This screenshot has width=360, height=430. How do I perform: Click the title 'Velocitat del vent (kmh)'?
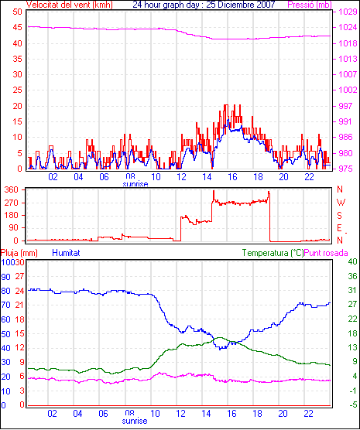pyautogui.click(x=69, y=5)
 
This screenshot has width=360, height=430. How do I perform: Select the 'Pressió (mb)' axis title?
pyautogui.click(x=310, y=5)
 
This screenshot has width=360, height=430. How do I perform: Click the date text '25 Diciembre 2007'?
pyautogui.click(x=241, y=5)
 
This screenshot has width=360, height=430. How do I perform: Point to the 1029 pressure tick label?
pyautogui.click(x=348, y=12)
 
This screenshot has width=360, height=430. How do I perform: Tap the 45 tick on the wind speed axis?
pyautogui.click(x=17, y=27)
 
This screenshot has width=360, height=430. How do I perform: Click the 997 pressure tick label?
pyautogui.click(x=345, y=106)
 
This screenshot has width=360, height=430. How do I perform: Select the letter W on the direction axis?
pyautogui.click(x=341, y=203)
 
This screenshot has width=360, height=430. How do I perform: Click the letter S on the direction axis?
pyautogui.click(x=339, y=216)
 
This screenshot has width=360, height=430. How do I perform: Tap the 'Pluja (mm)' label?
pyautogui.click(x=19, y=253)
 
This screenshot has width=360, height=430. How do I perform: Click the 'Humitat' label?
pyautogui.click(x=66, y=253)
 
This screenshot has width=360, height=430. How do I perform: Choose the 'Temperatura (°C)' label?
pyautogui.click(x=273, y=253)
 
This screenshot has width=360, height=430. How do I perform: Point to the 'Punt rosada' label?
pyautogui.click(x=326, y=253)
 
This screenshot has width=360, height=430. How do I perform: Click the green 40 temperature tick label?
pyautogui.click(x=352, y=261)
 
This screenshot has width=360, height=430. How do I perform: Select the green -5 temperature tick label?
pyautogui.click(x=353, y=404)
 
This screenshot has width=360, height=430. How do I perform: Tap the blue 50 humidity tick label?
pyautogui.click(x=5, y=334)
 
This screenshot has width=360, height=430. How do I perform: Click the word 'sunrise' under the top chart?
pyautogui.click(x=135, y=184)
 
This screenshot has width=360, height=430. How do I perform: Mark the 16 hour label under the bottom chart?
pyautogui.click(x=231, y=413)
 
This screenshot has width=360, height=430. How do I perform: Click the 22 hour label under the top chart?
pyautogui.click(x=309, y=177)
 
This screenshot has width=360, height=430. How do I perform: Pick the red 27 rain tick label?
pyautogui.click(x=20, y=276)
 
